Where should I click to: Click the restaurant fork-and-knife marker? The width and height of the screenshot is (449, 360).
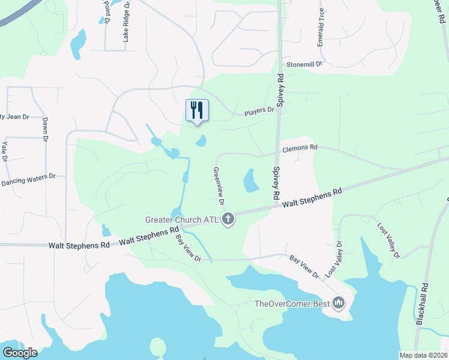tap(197, 110)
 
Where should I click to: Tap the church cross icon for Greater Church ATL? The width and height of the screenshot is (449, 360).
tap(228, 220)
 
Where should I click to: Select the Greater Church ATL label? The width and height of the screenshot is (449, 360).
tap(183, 220)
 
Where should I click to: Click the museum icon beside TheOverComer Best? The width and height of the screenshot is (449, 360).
tap(339, 304)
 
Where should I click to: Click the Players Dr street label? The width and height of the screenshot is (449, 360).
tap(259, 111)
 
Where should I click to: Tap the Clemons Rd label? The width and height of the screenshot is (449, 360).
tap(300, 147)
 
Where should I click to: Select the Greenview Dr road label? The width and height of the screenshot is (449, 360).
tap(217, 186)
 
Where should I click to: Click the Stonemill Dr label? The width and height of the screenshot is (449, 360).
tap(304, 63)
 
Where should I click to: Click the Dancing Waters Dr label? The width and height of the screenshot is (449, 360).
tap(28, 179)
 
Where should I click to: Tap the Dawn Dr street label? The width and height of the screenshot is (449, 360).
tap(45, 130)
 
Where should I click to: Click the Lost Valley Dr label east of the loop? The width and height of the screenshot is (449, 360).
tap(388, 241)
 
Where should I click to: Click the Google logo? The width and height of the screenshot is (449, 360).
tap(19, 353)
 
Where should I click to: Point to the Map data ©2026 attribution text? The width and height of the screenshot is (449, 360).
tap(424, 355)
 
